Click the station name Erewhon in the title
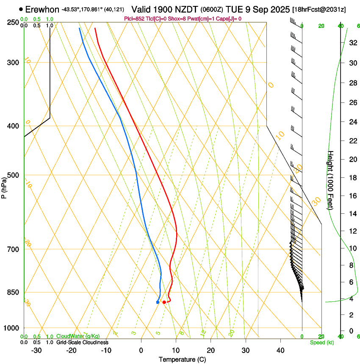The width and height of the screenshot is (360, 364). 42,9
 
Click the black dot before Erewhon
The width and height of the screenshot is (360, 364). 21,9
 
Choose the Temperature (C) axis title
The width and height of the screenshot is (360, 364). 182,359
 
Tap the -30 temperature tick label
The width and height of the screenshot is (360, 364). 36,350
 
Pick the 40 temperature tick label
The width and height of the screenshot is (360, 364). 280,350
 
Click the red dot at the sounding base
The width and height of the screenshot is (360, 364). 164,302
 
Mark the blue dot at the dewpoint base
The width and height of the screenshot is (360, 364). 158,302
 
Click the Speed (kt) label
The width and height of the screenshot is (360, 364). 322,342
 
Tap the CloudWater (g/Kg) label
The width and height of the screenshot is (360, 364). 78,336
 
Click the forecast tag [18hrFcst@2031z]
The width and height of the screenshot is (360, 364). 318,9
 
